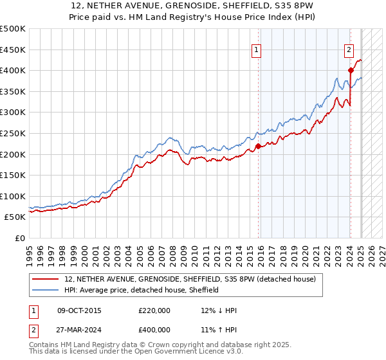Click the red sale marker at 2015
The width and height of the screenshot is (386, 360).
click(x=258, y=146)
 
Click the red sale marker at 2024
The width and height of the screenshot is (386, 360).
click(x=351, y=71)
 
